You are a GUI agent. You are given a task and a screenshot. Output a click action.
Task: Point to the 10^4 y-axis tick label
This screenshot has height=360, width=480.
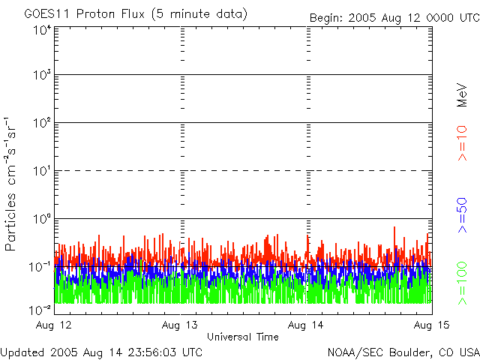tap(41, 30)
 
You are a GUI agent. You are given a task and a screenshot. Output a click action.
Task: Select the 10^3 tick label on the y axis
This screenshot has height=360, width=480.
tap(41, 76)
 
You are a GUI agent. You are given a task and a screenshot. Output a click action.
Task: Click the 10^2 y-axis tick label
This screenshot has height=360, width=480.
tap(41, 124)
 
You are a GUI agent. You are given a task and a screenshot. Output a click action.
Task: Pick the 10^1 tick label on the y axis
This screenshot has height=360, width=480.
tap(41, 172)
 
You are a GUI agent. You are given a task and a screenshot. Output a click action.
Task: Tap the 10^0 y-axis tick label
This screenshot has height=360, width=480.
tap(41, 220)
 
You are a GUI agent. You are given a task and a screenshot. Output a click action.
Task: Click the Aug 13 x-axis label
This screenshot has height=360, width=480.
tap(182, 325)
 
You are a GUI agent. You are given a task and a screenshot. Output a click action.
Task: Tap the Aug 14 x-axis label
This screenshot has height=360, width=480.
tap(307, 325)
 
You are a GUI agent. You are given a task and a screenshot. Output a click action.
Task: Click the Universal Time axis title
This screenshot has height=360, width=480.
tap(242, 337)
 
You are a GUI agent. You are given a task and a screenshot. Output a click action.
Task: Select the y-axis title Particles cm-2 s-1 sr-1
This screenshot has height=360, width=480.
tap(13, 184)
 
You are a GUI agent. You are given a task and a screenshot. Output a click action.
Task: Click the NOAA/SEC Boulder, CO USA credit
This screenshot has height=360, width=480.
tap(403, 351)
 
